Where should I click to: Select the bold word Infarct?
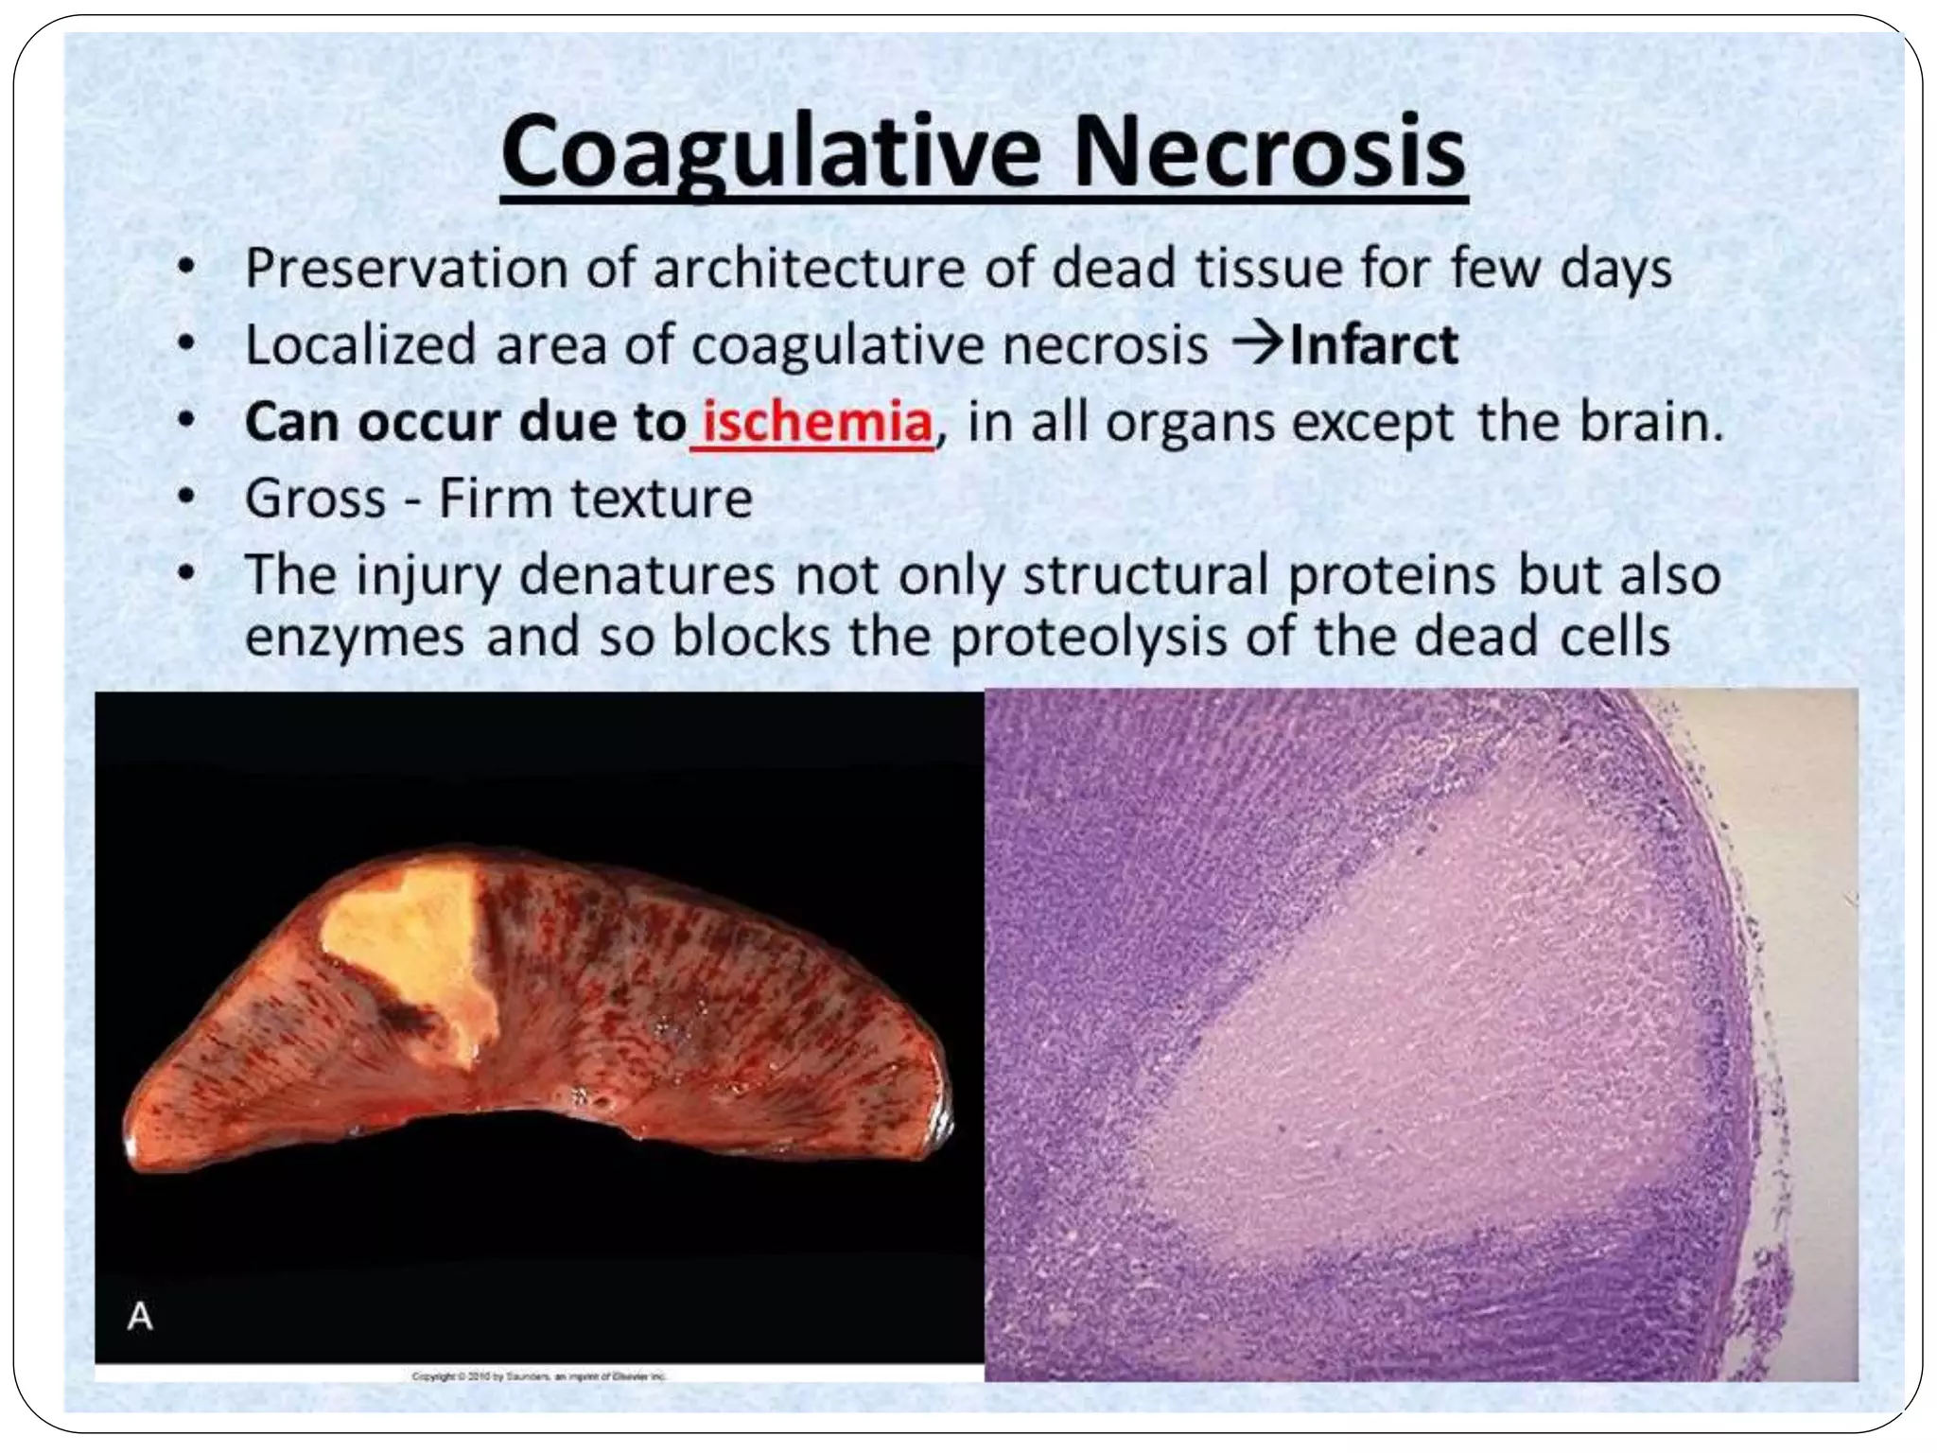click(x=1373, y=345)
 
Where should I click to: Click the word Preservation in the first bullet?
click(x=405, y=269)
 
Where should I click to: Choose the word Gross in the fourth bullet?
click(x=315, y=499)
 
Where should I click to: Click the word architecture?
click(x=810, y=269)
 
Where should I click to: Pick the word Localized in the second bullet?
click(x=359, y=345)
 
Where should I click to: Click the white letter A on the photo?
click(x=140, y=1316)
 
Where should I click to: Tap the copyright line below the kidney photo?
click(x=539, y=1376)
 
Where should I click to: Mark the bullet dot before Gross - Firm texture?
click(x=187, y=497)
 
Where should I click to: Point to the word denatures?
click(x=647, y=575)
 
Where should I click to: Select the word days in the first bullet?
click(x=1615, y=269)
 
